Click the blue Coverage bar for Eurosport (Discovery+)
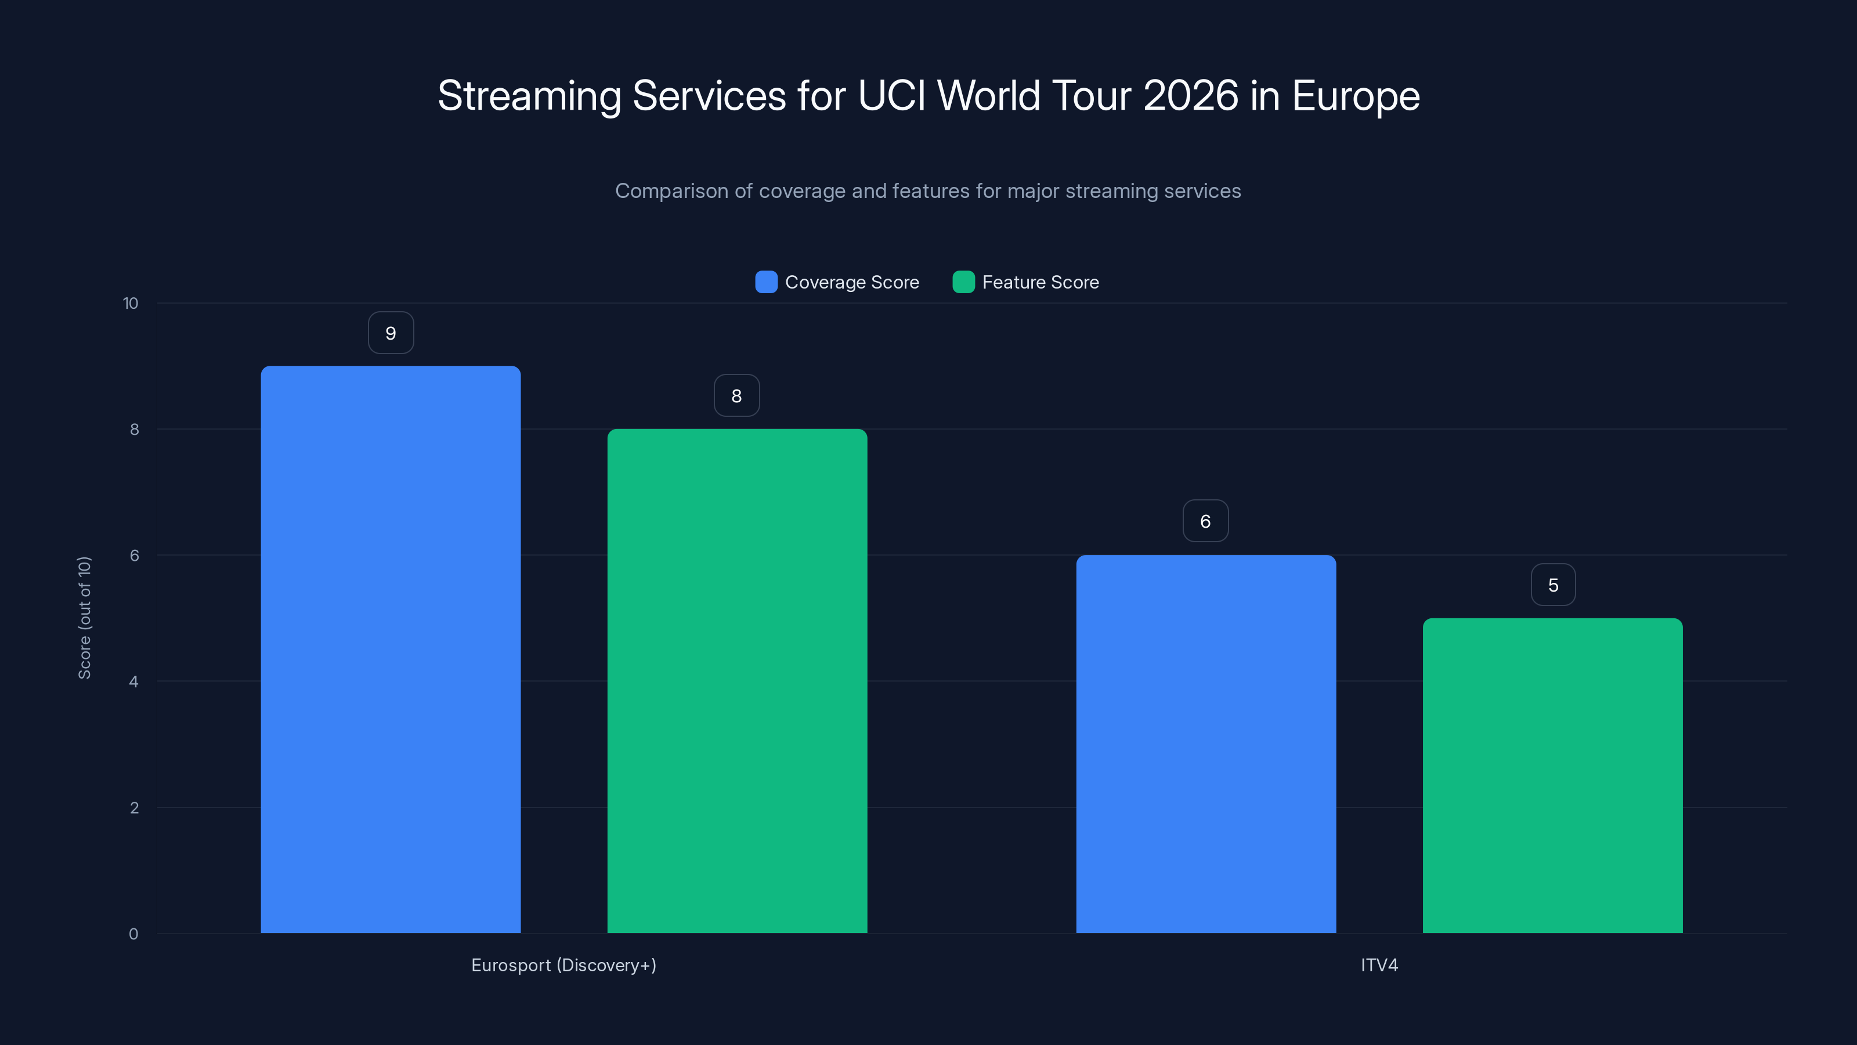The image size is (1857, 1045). click(390, 649)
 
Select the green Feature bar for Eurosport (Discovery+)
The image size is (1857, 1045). click(737, 681)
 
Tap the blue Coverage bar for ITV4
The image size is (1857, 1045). click(1205, 744)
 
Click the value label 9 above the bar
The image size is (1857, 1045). click(391, 333)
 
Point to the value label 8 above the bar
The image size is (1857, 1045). click(736, 396)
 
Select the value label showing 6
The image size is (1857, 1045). click(1205, 521)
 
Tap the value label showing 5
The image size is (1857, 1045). click(1553, 585)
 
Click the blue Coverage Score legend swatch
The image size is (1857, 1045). click(765, 282)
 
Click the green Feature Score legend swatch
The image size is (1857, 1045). click(963, 282)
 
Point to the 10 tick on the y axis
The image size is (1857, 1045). click(131, 304)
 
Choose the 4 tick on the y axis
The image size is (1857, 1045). click(133, 682)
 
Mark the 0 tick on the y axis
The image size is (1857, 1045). click(133, 934)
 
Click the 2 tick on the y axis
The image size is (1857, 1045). click(134, 808)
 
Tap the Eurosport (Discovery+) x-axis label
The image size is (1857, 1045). click(563, 965)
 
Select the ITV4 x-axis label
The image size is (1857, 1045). click(1379, 965)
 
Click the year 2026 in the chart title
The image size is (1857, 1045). click(1190, 96)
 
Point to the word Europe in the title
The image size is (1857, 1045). click(1355, 96)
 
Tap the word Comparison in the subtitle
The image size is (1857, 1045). click(671, 191)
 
